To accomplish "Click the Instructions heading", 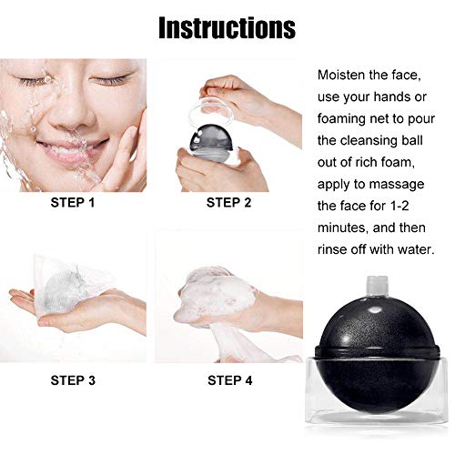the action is pos(227,28).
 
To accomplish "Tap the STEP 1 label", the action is pos(73,203).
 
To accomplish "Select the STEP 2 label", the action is pos(229,203).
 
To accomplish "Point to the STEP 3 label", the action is pos(73,380).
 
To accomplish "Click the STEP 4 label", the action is pos(230,380).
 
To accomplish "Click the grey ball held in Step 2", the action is pos(211,139).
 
